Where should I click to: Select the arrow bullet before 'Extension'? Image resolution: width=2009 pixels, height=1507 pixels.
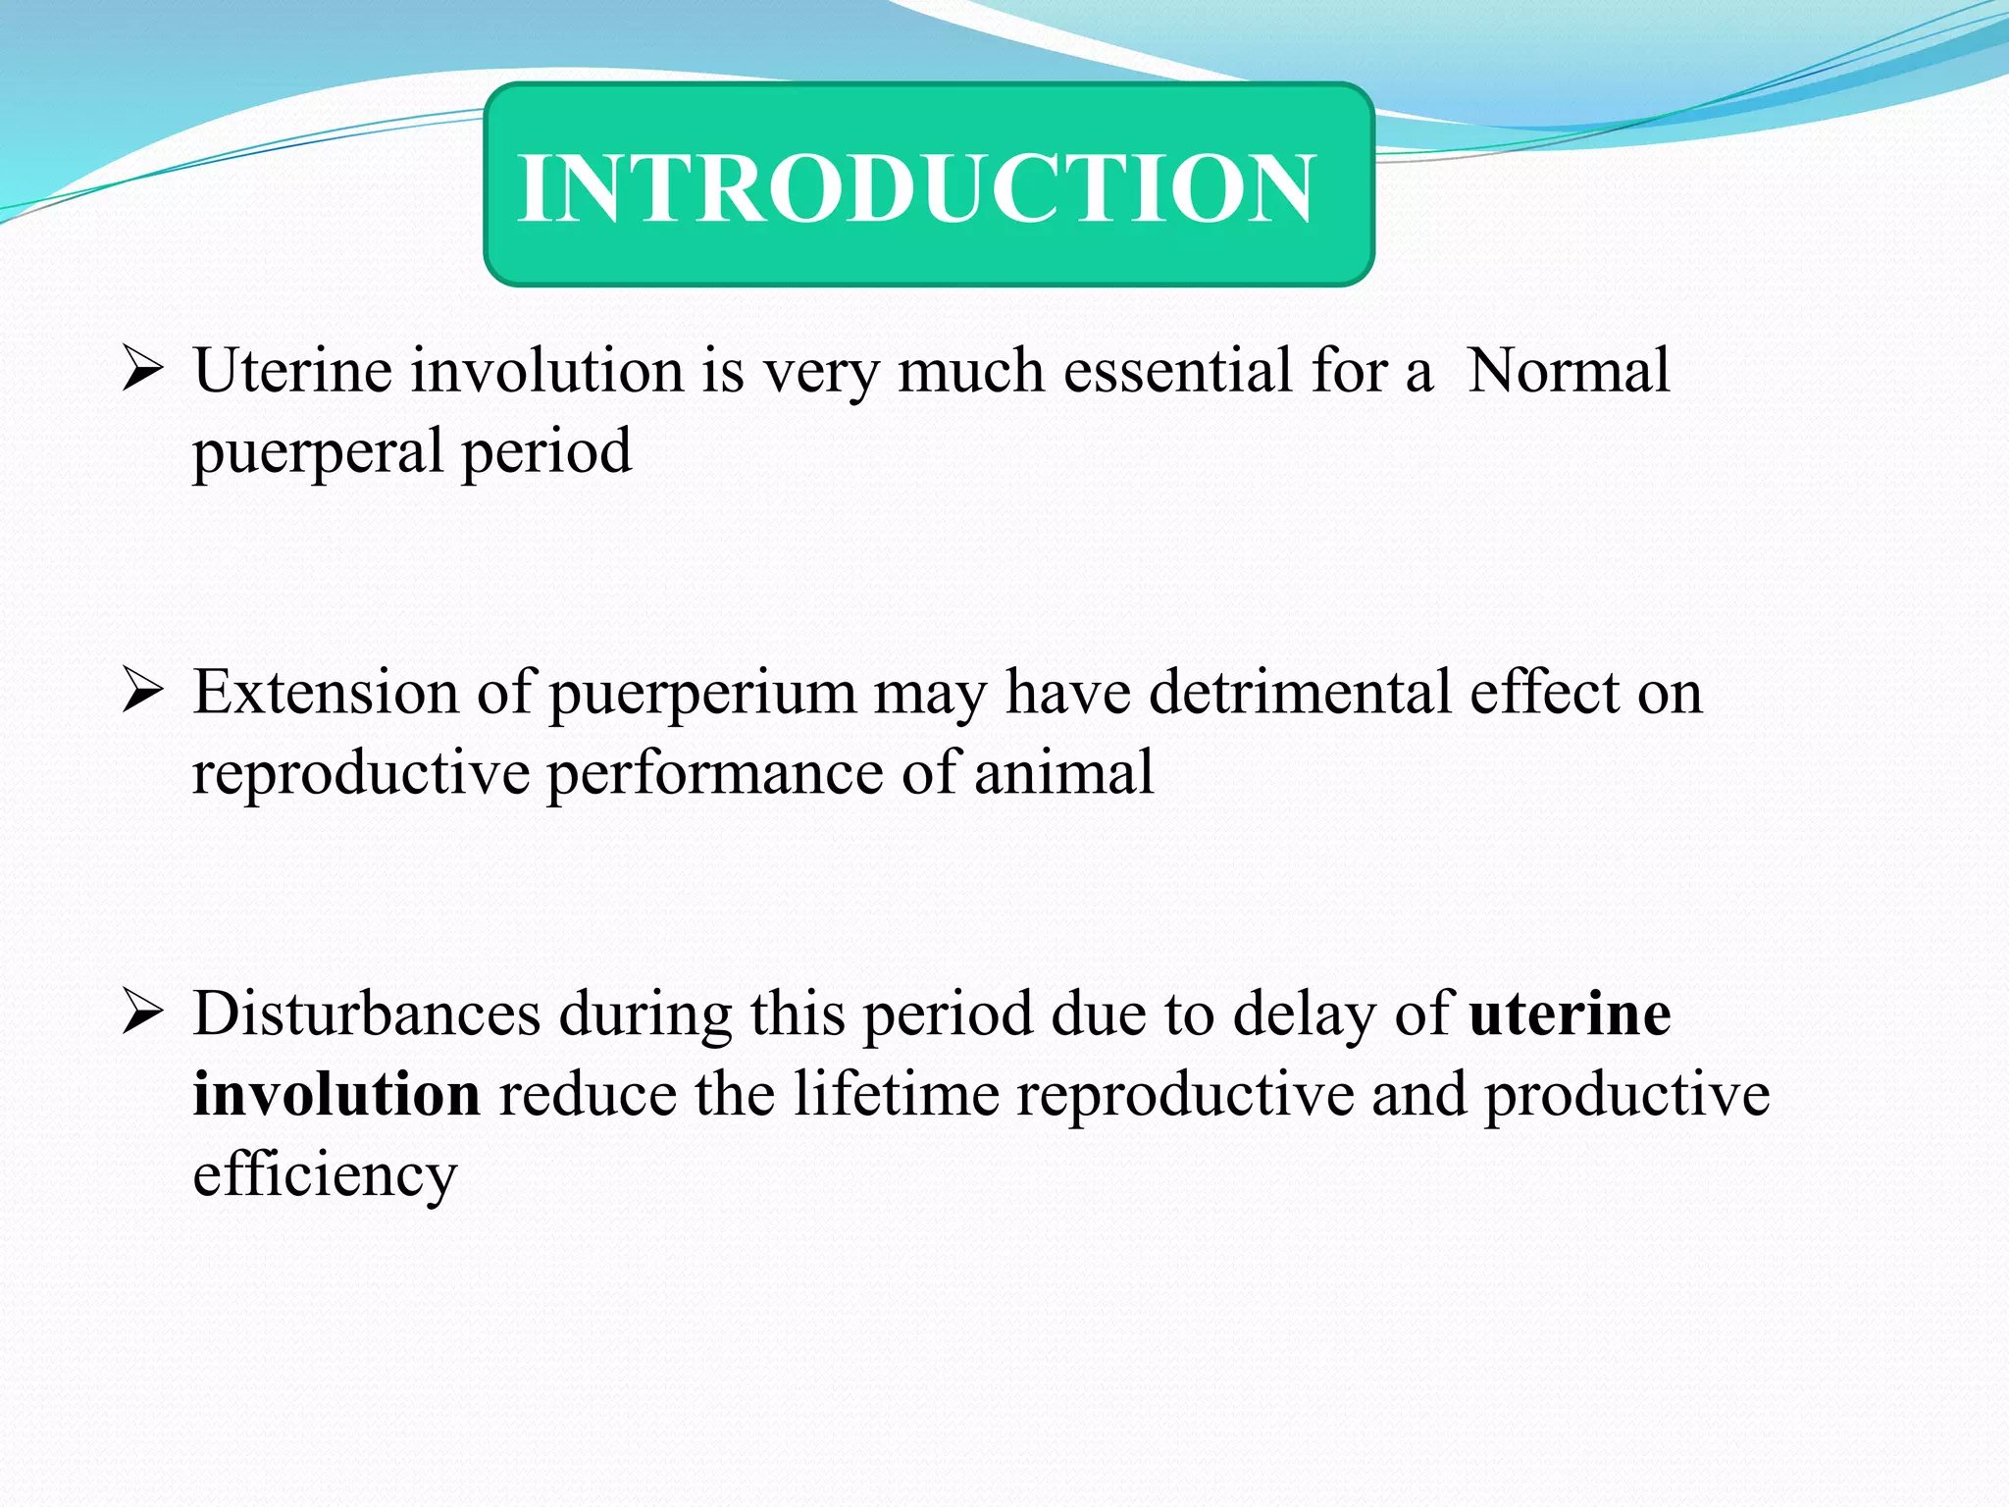142,694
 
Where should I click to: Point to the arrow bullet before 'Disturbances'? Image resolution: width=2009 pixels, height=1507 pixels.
142,1014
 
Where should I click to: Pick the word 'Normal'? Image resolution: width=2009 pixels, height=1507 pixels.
1568,371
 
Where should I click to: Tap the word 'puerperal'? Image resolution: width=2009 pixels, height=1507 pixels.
318,453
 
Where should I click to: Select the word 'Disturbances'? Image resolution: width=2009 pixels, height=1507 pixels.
366,1013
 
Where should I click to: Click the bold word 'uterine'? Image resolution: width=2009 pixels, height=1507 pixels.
1570,1013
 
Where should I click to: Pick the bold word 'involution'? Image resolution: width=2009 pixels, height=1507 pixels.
336,1094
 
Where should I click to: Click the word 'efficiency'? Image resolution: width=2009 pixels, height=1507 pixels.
325,1176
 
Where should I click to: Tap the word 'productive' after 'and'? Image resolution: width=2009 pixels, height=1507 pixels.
1626,1096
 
